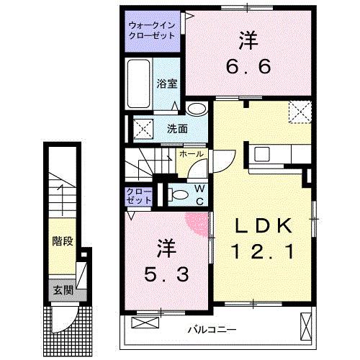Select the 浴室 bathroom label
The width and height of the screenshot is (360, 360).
coord(166,83)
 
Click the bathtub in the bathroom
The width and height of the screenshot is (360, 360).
coord(139,83)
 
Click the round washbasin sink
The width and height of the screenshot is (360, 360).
coord(195,110)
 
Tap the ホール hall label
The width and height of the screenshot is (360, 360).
coord(190,155)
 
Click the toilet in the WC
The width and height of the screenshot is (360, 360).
coord(177,194)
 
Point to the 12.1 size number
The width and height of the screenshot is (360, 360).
coord(262,252)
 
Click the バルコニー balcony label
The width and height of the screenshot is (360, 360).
coord(212,329)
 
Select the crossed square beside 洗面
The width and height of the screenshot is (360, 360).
coord(141,130)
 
